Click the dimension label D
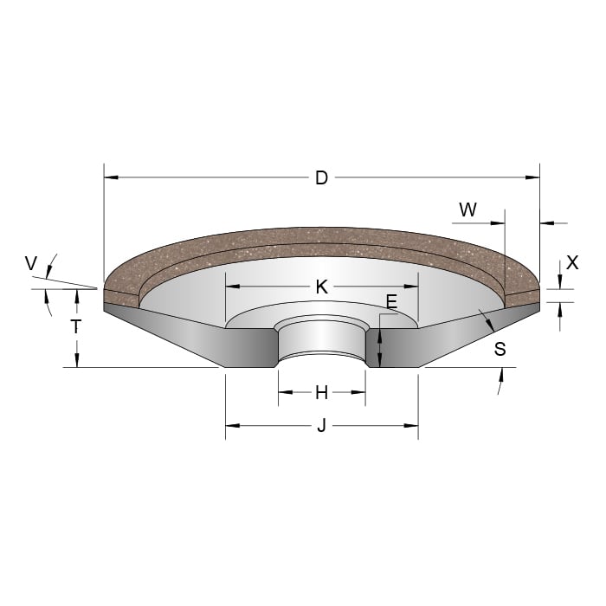pyautogui.click(x=321, y=178)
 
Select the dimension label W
pyautogui.click(x=467, y=210)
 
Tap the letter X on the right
pyautogui.click(x=571, y=262)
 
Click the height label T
pyautogui.click(x=76, y=327)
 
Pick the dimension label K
pyautogui.click(x=321, y=287)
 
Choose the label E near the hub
pyautogui.click(x=391, y=302)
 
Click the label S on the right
pyautogui.click(x=500, y=350)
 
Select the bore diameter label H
pyautogui.click(x=321, y=393)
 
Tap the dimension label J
pyautogui.click(x=321, y=426)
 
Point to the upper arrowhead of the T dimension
pyautogui.click(x=77, y=294)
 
